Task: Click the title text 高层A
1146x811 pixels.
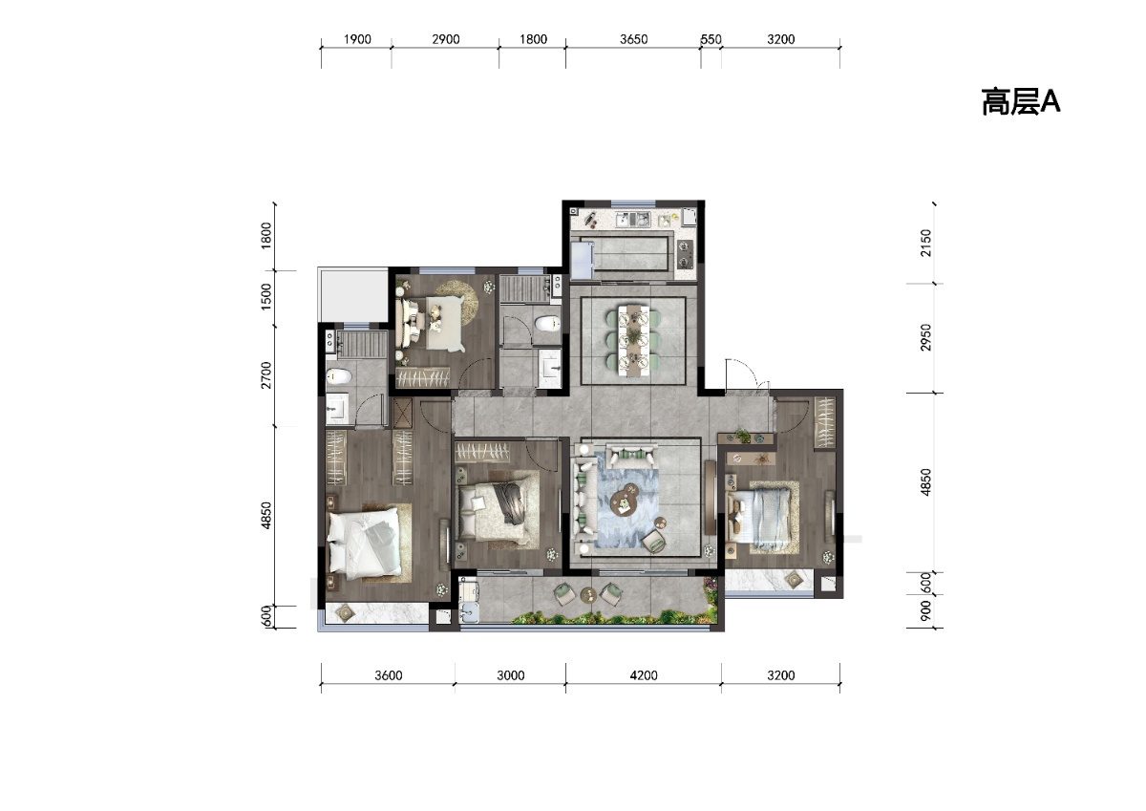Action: point(1021,102)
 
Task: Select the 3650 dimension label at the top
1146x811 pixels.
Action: point(633,39)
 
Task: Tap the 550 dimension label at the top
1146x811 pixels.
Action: point(711,39)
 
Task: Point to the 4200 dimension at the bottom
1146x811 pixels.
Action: point(644,675)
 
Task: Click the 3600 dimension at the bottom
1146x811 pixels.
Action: point(389,675)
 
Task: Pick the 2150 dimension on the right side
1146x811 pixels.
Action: point(926,243)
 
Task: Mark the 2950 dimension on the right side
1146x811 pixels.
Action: point(926,337)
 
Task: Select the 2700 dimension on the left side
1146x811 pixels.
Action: point(266,374)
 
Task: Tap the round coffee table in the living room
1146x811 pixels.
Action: point(626,500)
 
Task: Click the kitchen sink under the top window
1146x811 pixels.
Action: point(633,220)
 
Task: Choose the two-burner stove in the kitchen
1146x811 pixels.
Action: point(685,254)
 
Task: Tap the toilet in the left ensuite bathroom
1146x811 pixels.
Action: point(339,377)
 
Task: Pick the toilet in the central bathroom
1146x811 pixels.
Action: point(548,323)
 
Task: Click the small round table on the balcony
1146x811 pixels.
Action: point(589,594)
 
